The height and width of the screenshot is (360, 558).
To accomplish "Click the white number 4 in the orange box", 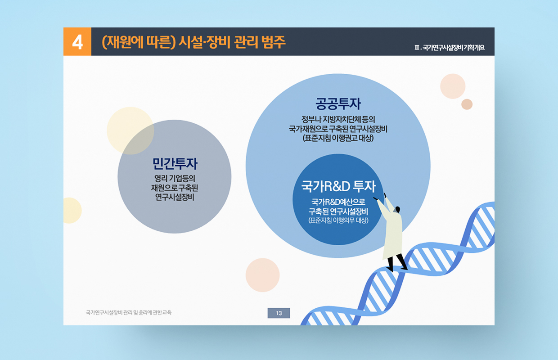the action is pos(77,42).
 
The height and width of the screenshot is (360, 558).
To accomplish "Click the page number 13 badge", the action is pos(279,313).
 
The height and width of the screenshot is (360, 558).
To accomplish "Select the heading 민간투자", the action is pos(175,163).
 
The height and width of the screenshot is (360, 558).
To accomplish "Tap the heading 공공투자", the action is pos(338,103).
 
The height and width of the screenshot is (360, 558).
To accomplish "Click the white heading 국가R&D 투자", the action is pos(338,186).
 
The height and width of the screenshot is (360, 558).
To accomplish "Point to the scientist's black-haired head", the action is pos(397,209).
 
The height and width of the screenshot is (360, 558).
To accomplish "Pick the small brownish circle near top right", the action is pos(467,104).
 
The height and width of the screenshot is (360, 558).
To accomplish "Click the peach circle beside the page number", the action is pos(262,275).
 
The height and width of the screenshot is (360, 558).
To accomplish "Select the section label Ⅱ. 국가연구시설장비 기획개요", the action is pos(450,48).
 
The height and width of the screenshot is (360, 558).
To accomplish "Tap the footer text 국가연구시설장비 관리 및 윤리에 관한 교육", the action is pos(129,312).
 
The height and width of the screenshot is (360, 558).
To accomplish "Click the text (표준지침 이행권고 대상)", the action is pos(338,138).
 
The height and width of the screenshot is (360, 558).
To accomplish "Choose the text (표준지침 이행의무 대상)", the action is pos(338,220).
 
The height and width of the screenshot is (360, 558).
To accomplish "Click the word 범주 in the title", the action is pos(273,42).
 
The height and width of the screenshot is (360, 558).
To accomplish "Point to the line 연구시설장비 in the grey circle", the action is pos(175,197).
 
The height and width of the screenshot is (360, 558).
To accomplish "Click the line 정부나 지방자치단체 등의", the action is pos(338,119).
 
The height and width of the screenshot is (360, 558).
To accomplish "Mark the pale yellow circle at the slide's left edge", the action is pos(72,211).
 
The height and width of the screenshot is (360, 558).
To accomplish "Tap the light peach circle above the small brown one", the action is pos(453,86).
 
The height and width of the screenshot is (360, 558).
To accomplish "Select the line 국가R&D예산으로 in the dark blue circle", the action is pos(338,202).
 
